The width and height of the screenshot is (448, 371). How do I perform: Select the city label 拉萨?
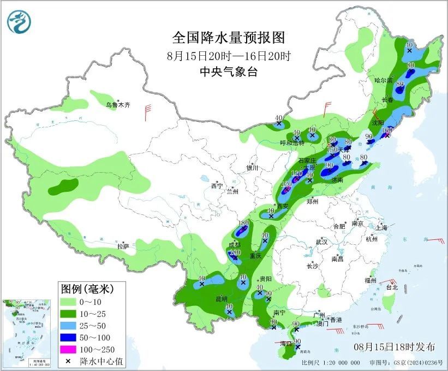coord(122,246)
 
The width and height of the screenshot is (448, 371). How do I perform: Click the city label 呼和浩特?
coord(292,143)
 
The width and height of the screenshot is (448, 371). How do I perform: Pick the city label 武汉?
coord(321,242)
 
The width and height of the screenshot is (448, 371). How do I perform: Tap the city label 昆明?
coord(220,299)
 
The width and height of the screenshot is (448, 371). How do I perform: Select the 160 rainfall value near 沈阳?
coord(387,131)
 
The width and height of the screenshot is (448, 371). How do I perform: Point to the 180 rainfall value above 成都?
coord(244,223)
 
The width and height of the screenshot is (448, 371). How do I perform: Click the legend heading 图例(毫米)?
coord(92,287)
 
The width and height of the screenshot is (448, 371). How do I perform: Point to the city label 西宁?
coord(217,186)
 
